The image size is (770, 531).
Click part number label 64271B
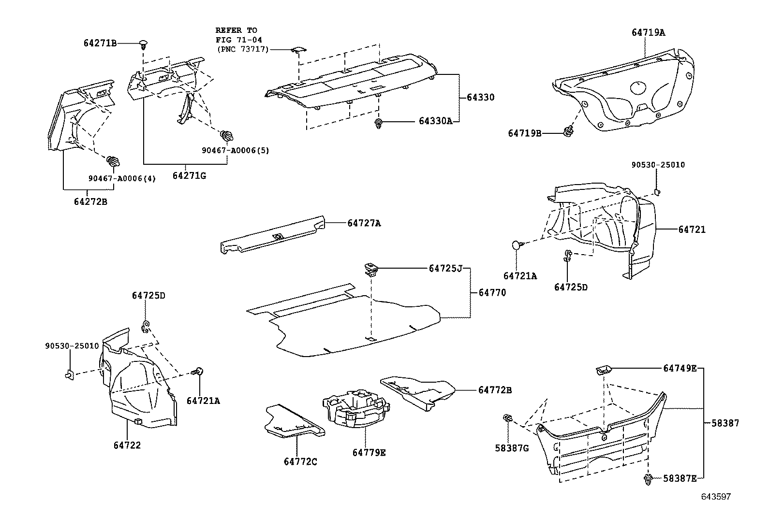(100, 43)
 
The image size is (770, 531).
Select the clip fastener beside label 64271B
(143, 44)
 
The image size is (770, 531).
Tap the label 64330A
(435, 121)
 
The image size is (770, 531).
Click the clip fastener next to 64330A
(378, 123)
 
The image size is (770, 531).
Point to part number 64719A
(648, 33)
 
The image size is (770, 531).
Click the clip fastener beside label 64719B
(569, 131)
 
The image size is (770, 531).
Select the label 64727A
(364, 223)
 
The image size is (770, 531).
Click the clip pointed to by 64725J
(370, 269)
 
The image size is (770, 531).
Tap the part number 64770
(492, 292)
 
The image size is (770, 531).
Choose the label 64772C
(300, 461)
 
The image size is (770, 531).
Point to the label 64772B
(495, 390)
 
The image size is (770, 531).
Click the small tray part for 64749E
(604, 371)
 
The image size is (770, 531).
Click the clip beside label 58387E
(648, 479)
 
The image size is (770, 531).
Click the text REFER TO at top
(236, 30)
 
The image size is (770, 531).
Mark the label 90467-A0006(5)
(236, 150)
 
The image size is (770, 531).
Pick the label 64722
(127, 445)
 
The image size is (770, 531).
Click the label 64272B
(90, 201)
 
